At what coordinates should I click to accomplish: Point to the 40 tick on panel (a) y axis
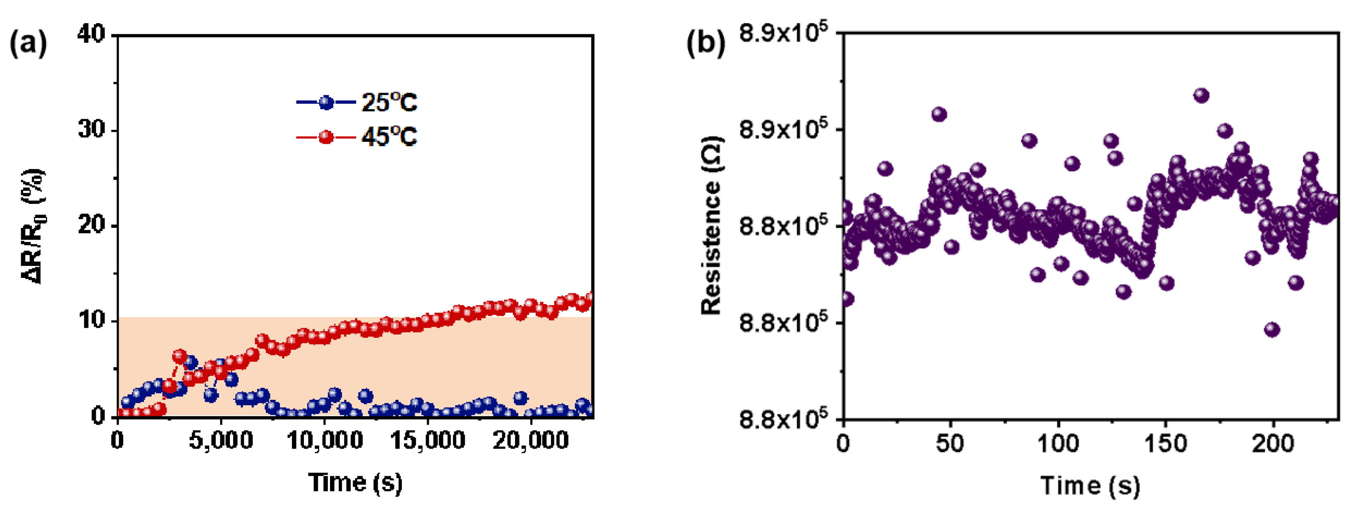[x=92, y=35]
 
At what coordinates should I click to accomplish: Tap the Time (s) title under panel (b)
[x=1090, y=485]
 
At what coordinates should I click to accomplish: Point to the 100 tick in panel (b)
[x=1058, y=443]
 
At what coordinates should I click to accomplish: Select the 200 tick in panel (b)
[x=1272, y=443]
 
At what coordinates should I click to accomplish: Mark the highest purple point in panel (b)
[x=1201, y=96]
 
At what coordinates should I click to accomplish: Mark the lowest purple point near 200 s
[x=1272, y=330]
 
